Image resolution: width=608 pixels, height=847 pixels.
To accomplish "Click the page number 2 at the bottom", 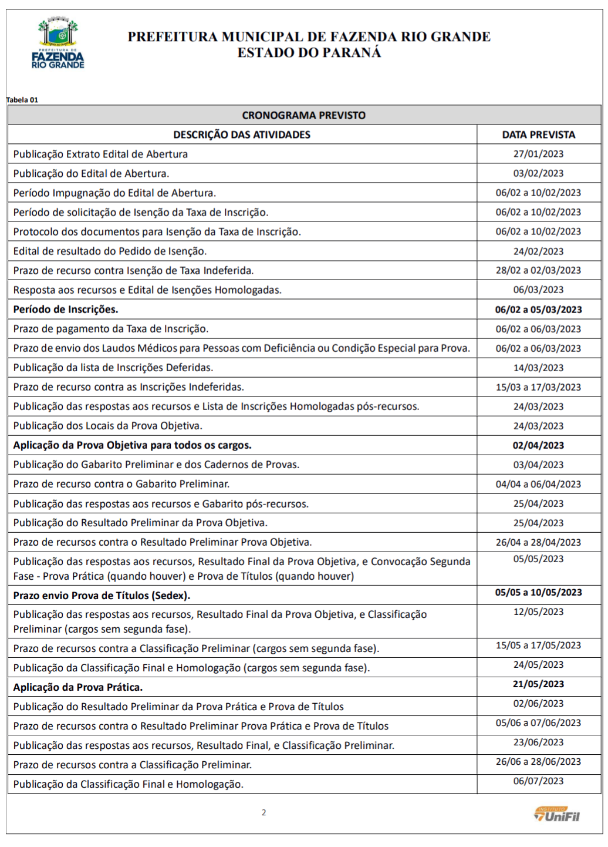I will pyautogui.click(x=264, y=813).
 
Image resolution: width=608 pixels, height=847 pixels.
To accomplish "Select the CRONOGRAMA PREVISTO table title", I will pyautogui.click(x=303, y=115).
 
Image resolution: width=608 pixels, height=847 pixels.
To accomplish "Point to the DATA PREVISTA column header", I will pyautogui.click(x=538, y=135).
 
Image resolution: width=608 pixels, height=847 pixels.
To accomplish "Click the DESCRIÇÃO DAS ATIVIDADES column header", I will pyautogui.click(x=242, y=135).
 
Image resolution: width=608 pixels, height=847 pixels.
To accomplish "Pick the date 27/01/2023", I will pyautogui.click(x=538, y=154).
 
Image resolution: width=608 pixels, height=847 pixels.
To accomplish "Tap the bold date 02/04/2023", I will pyautogui.click(x=538, y=445).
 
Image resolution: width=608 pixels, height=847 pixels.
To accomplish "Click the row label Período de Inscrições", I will pyautogui.click(x=66, y=310).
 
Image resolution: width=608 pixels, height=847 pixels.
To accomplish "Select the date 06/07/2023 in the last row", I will pyautogui.click(x=538, y=781).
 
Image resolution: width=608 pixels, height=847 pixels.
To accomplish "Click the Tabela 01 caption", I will pyautogui.click(x=22, y=100).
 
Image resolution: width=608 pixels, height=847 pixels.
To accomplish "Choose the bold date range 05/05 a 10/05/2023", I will pyautogui.click(x=538, y=593).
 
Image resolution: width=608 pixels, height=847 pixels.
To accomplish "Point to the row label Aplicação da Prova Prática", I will pyautogui.click(x=78, y=687).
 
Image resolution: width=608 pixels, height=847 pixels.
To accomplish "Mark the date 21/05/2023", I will pyautogui.click(x=538, y=684).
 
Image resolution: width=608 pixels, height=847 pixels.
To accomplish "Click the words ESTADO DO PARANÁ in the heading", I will pyautogui.click(x=309, y=53).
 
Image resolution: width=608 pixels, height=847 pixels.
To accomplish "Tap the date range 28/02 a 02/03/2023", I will pyautogui.click(x=538, y=270).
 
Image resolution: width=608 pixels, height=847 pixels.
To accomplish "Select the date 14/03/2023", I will pyautogui.click(x=538, y=368).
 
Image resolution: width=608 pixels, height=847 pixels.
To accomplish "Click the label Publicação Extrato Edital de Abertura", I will pyautogui.click(x=100, y=154).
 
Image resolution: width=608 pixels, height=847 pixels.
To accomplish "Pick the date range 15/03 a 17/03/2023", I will pyautogui.click(x=538, y=387).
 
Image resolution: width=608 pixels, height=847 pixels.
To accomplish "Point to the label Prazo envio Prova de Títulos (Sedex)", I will pyautogui.click(x=102, y=596).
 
